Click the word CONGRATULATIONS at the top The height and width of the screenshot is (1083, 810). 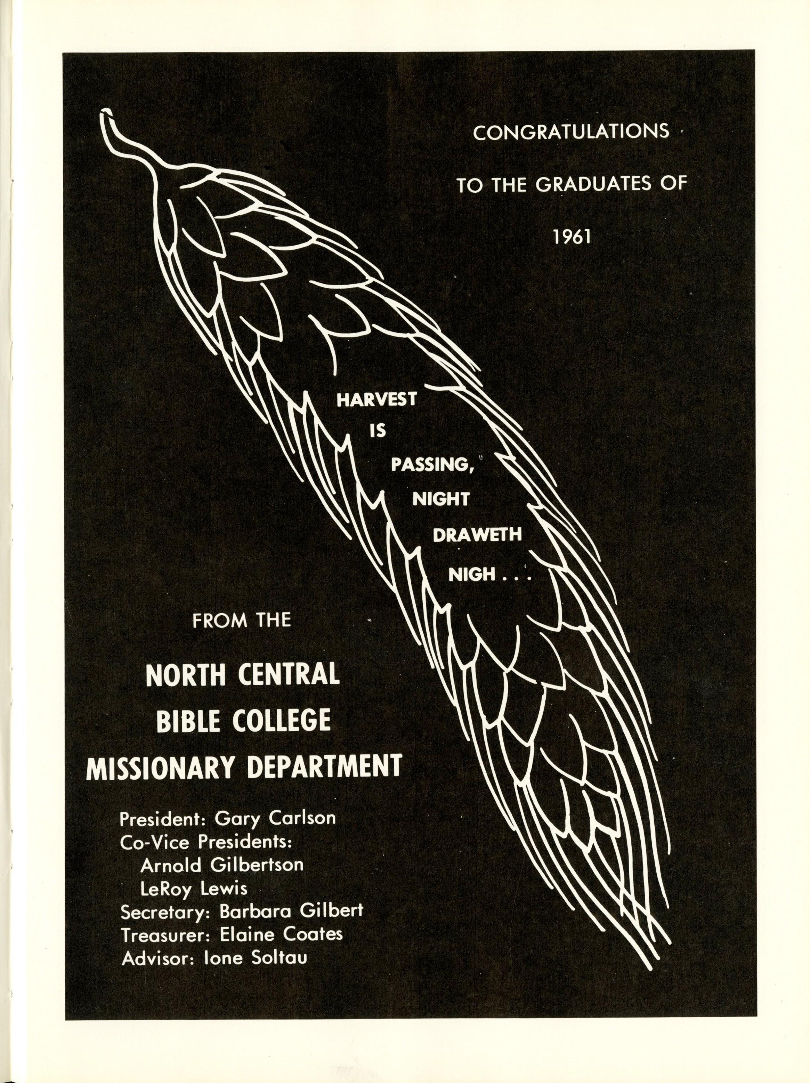point(571,133)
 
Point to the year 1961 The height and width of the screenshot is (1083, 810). point(572,238)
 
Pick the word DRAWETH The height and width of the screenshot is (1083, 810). point(477,535)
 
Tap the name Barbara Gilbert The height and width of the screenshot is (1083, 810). point(291,912)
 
